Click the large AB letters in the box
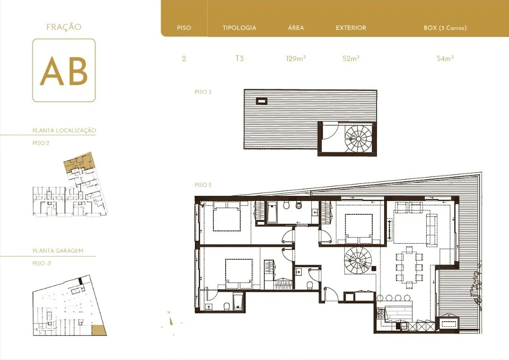64,71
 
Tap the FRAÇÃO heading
64,27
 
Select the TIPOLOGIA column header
239,28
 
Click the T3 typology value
239,59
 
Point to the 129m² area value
296,59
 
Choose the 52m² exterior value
351,59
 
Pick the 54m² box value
445,59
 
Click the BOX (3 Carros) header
445,28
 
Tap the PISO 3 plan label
203,92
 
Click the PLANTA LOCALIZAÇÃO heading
64,131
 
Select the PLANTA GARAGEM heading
58,251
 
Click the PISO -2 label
42,263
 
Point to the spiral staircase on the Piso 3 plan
358,139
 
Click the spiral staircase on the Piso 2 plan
358,260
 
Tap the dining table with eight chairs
409,267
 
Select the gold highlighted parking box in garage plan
99,330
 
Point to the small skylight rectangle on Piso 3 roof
262,101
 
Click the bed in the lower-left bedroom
239,273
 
